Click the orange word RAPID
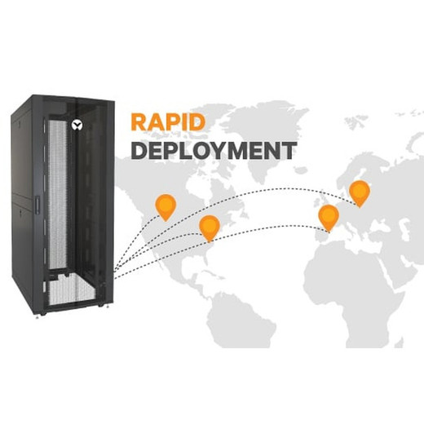tap(168, 122)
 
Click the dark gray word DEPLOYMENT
tap(214, 150)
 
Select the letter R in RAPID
tap(139, 122)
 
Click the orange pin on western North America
tap(166, 207)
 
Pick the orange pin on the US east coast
tap(210, 227)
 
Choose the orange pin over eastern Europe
tap(360, 193)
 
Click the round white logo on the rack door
tap(77, 125)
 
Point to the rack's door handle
tap(37, 205)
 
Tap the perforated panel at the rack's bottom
tap(71, 290)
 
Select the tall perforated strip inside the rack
tap(57, 194)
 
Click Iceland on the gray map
tap(300, 170)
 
